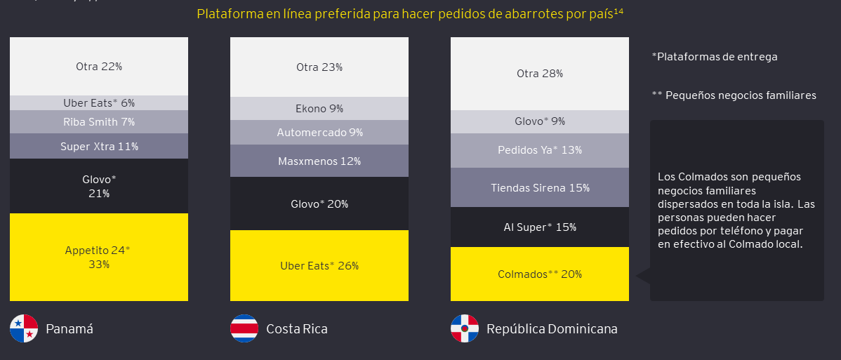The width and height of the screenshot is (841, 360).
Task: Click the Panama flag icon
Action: pos(23,328)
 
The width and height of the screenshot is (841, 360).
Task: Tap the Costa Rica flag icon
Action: pos(244,328)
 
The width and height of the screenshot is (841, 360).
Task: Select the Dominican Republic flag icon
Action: pos(464,328)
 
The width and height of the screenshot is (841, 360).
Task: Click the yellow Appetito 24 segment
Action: pos(98,257)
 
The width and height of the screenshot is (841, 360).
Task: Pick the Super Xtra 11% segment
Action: pos(98,147)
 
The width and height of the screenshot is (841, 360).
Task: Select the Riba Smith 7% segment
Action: pos(98,122)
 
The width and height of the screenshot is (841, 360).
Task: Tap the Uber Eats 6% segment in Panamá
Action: pos(98,103)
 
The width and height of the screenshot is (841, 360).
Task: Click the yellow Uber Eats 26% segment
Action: pos(319,265)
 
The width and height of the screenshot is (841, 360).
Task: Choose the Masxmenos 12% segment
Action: pos(319,161)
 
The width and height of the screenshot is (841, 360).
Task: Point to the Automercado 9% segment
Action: pos(319,132)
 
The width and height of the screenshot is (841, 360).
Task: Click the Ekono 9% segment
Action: pos(319,109)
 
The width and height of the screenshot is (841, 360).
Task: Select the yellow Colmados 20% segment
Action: pos(539,274)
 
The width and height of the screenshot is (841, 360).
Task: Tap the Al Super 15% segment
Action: pos(539,227)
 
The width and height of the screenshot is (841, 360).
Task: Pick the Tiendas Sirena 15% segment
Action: pos(539,187)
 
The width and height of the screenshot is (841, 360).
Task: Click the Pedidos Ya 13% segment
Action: pos(539,150)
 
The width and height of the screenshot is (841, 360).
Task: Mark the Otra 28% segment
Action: pos(539,74)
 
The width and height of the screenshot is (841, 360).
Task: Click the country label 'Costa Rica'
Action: pos(296,329)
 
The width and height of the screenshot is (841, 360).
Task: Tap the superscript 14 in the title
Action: pos(618,11)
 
